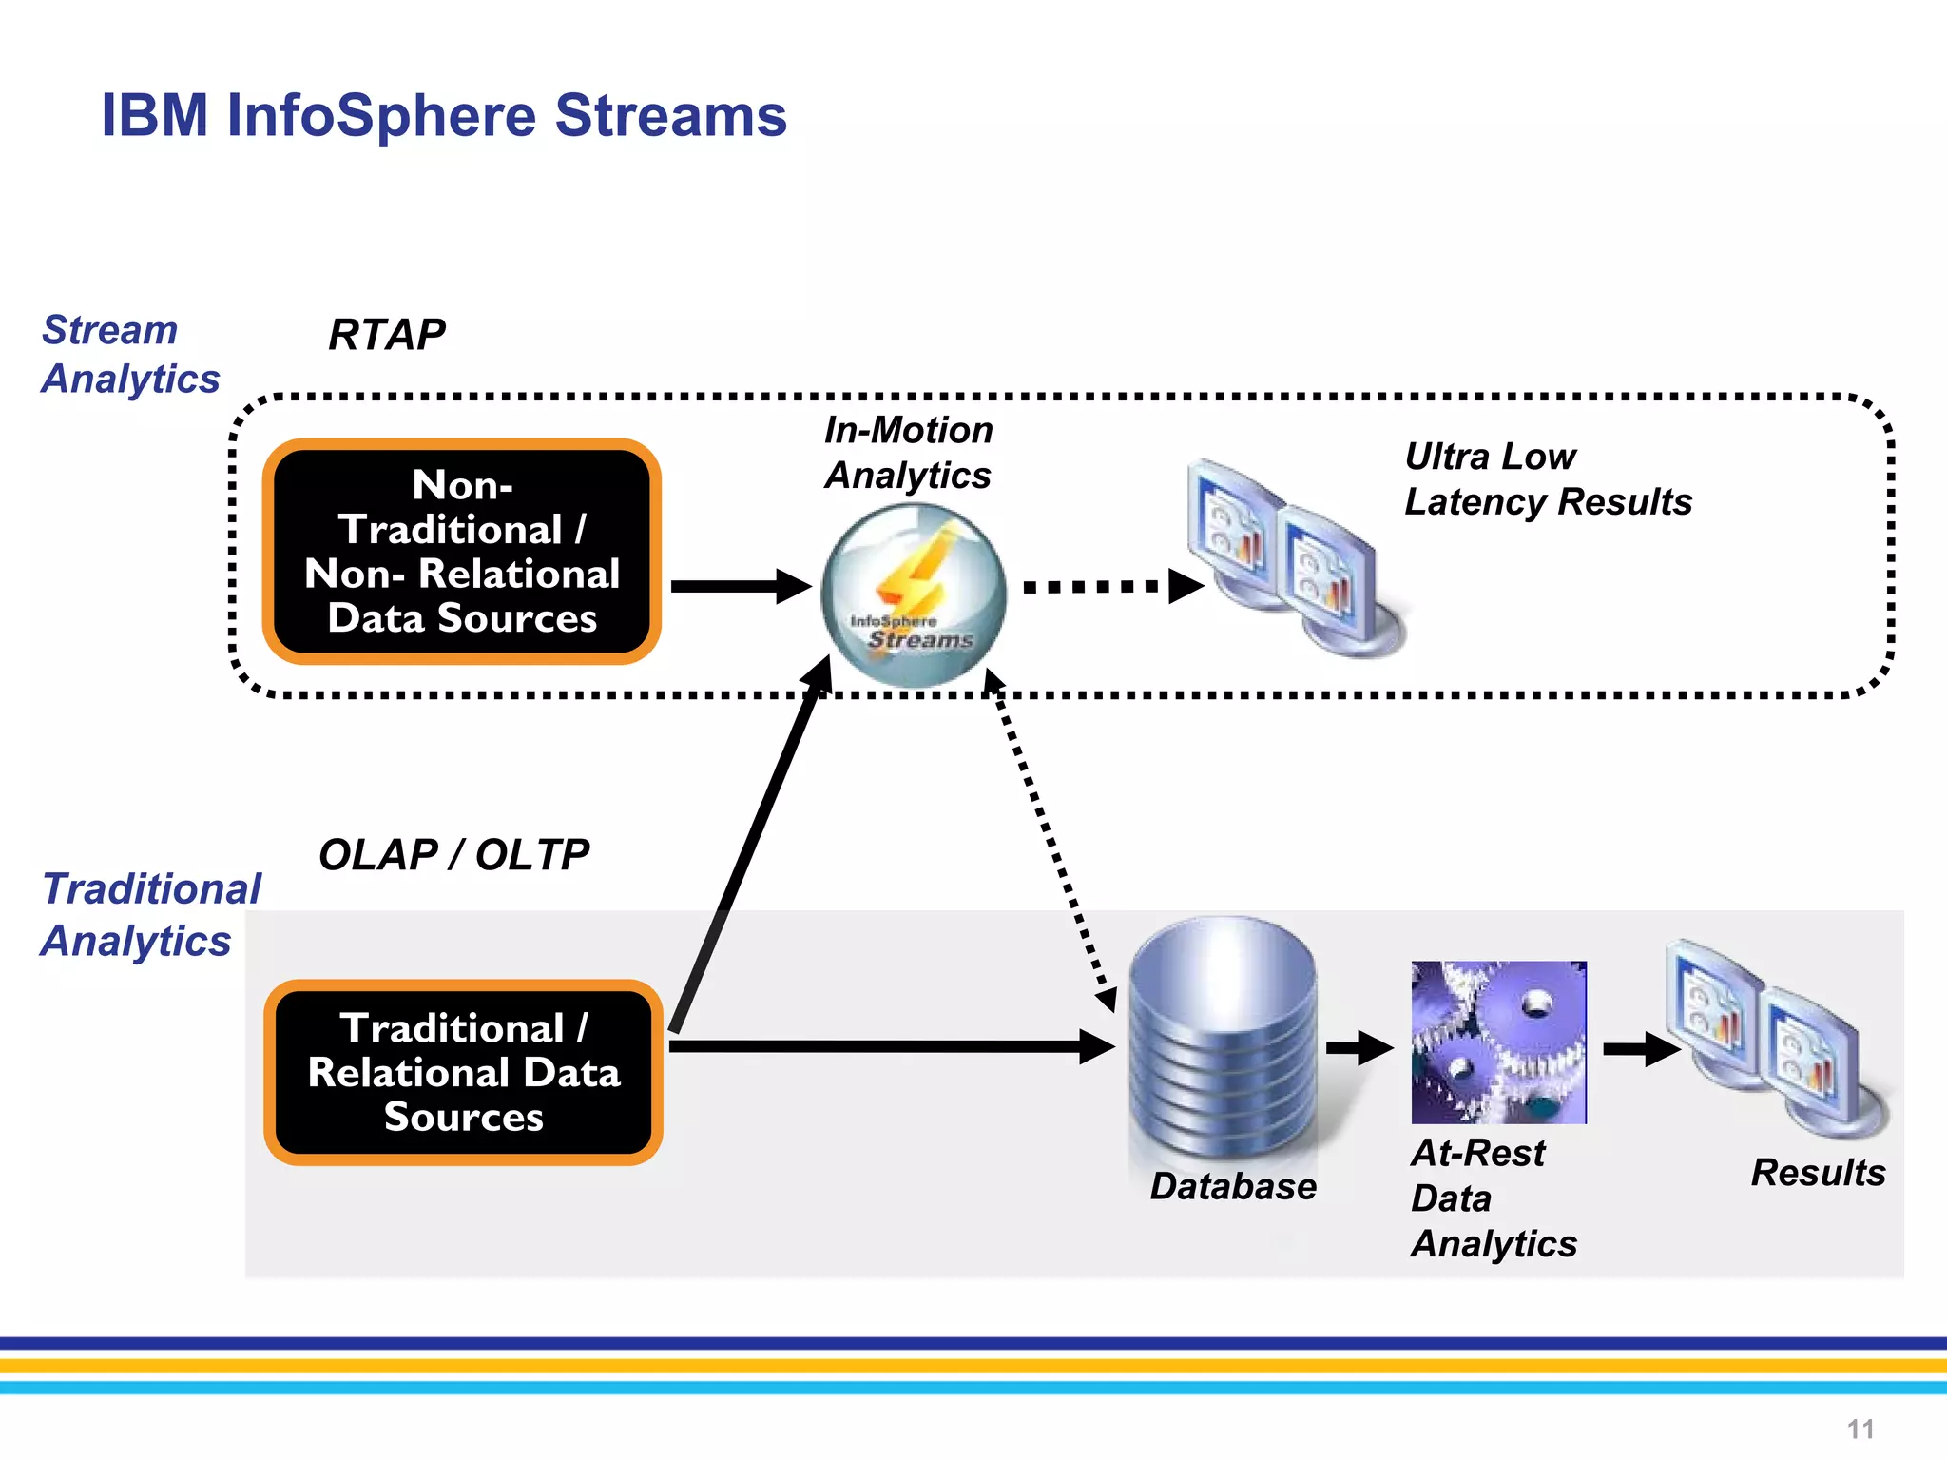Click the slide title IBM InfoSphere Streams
click(444, 116)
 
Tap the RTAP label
click(386, 335)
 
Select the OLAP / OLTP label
click(453, 854)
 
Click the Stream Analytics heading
click(130, 354)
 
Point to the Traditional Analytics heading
click(151, 914)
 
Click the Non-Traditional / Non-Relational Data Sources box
click(462, 552)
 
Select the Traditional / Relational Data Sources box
click(463, 1072)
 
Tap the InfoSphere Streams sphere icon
click(913, 594)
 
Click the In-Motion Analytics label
click(908, 452)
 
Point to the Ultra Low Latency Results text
click(1547, 478)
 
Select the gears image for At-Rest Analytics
click(1498, 1042)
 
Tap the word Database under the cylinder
click(1233, 1186)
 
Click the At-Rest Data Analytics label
click(1493, 1198)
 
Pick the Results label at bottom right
click(1818, 1172)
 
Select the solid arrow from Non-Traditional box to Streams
click(740, 586)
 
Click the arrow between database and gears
click(1359, 1048)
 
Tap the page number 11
click(1860, 1429)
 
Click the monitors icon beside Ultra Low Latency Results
click(1295, 558)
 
